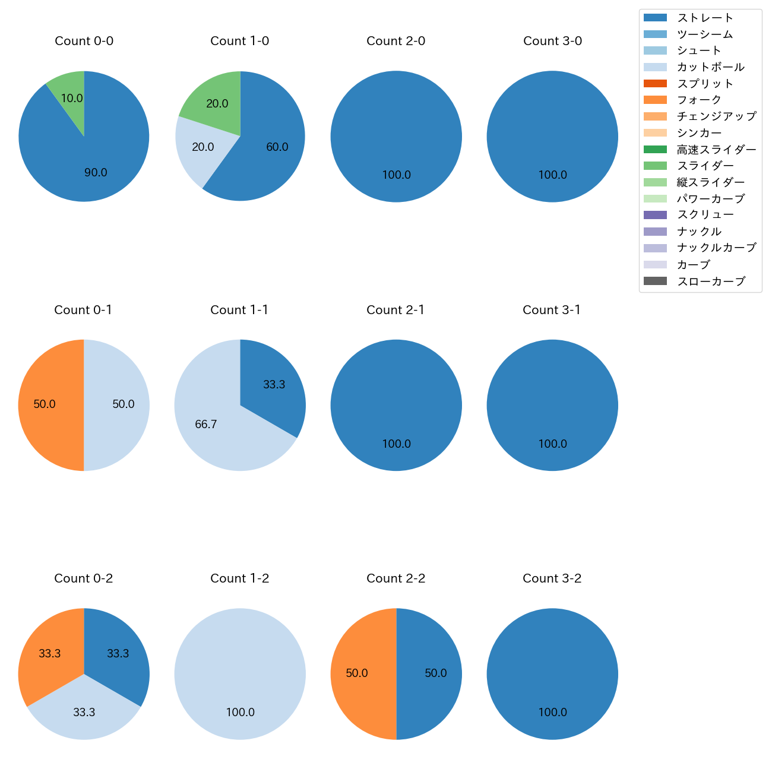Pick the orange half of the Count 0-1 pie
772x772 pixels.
48,405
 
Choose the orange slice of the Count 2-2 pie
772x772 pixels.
359,673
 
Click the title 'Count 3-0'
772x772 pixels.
552,41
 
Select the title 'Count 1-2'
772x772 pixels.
240,578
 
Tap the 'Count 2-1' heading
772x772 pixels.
396,310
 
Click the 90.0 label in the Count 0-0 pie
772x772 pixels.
96,173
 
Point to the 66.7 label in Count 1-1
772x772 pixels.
206,425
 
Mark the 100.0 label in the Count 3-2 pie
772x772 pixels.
552,712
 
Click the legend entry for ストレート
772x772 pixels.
705,18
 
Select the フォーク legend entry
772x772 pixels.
699,100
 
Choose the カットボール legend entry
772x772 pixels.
710,67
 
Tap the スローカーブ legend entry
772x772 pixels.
711,281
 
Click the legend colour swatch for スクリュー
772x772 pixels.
655,215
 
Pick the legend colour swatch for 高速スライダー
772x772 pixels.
655,149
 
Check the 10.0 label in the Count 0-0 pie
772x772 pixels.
72,99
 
